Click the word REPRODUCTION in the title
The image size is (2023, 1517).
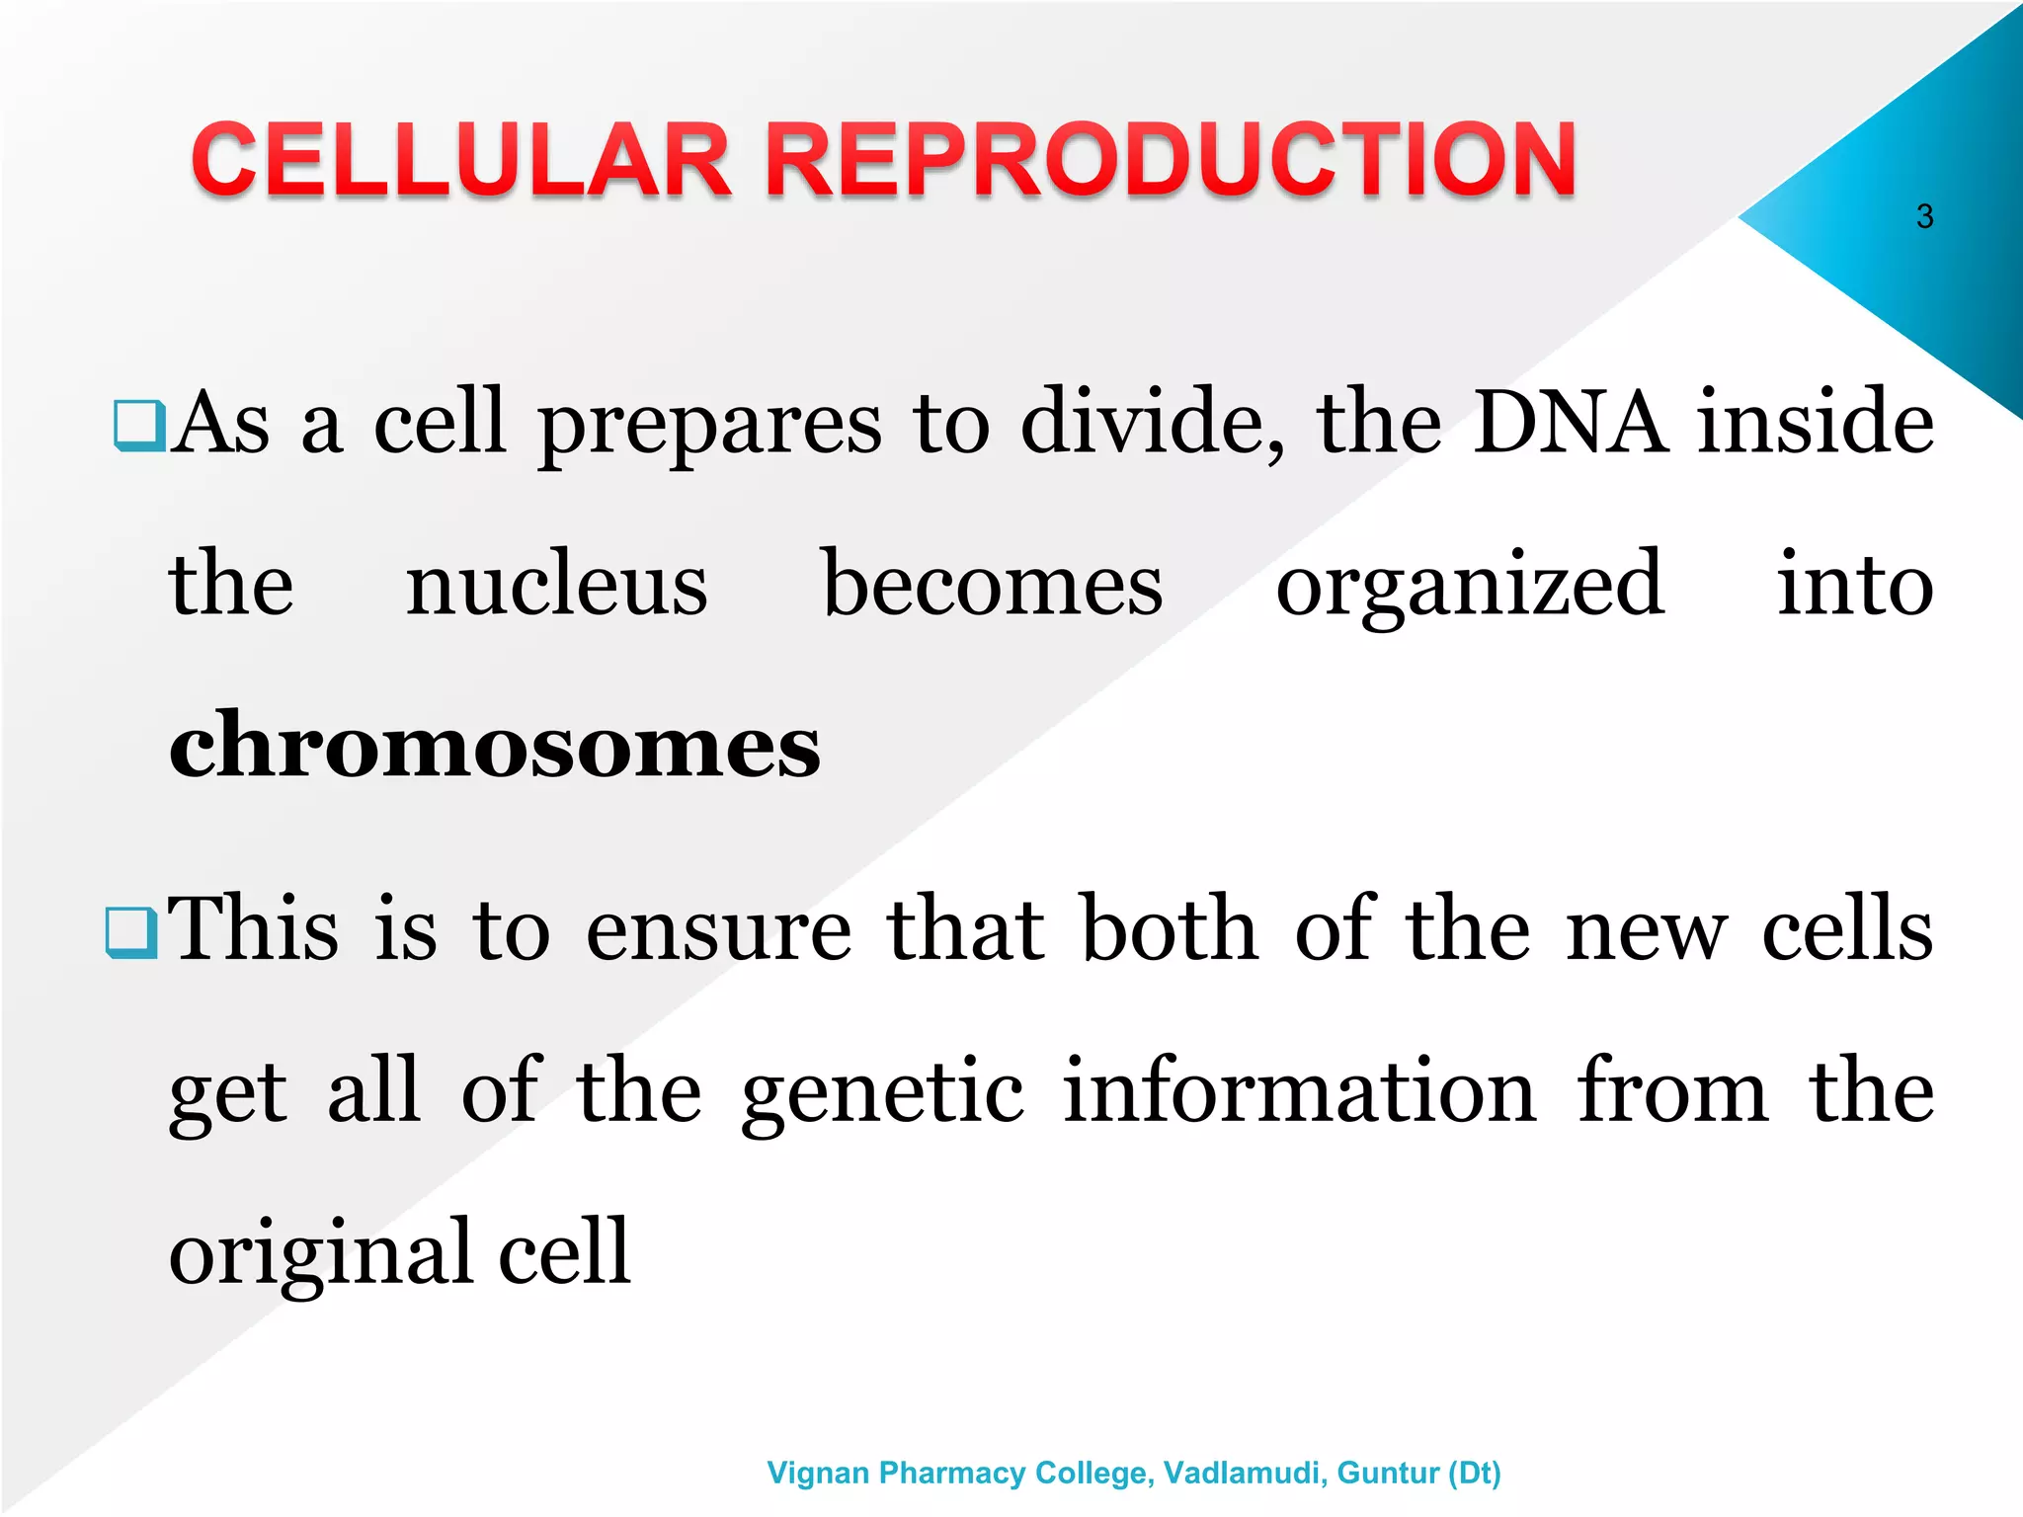pos(1171,160)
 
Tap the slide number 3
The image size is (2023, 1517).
pos(1924,216)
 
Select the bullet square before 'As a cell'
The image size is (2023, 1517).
pos(139,426)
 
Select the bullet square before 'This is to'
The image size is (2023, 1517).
pos(130,933)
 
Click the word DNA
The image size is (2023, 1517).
pos(1570,423)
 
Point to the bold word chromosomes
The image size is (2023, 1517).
pos(494,747)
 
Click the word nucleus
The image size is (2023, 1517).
pos(556,585)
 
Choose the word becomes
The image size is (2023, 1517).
pos(992,585)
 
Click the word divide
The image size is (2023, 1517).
pos(1151,423)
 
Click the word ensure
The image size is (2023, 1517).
pos(718,930)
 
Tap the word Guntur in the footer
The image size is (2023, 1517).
pos(1387,1473)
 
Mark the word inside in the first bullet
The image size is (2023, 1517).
pos(1815,423)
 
